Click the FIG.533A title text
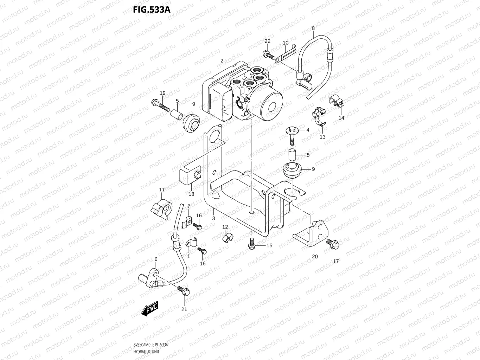click(152, 9)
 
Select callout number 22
click(267, 41)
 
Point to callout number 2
click(222, 61)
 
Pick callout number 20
click(315, 256)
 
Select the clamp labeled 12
click(227, 238)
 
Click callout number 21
click(184, 309)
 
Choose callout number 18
click(191, 194)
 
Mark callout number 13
click(322, 137)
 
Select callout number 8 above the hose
click(313, 28)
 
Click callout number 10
click(286, 43)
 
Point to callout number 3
click(213, 218)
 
